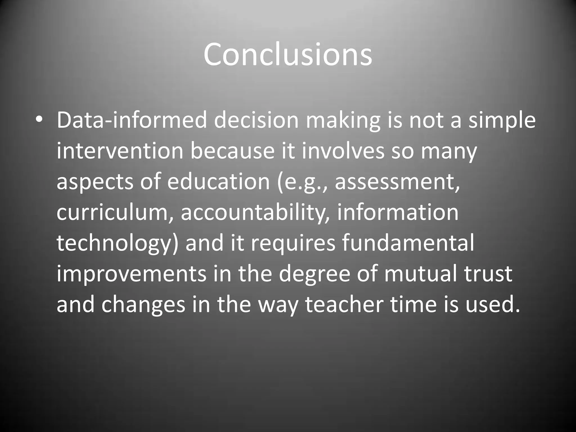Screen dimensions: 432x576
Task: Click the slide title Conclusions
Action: (288, 54)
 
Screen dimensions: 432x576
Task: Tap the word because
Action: (232, 151)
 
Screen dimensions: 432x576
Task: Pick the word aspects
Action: (94, 182)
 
